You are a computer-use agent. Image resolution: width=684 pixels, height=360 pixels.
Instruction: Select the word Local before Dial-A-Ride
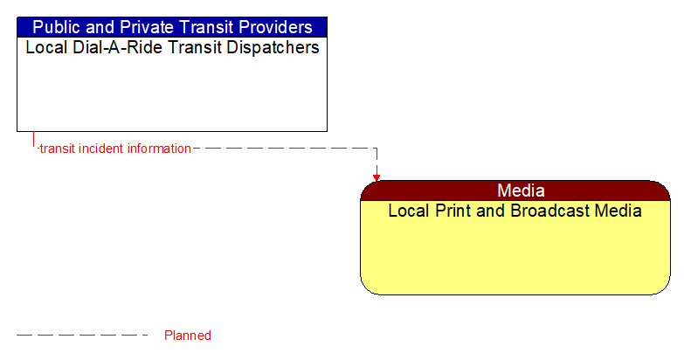(x=44, y=48)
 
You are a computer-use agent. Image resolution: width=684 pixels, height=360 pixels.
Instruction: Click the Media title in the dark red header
(x=521, y=190)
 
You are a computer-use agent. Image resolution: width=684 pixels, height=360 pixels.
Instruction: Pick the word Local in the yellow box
(x=407, y=211)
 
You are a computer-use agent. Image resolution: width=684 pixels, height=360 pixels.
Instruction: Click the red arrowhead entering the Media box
(x=377, y=177)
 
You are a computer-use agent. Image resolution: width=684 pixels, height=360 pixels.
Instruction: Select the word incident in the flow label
(x=100, y=149)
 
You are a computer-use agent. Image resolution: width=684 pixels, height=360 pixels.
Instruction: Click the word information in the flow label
(x=159, y=149)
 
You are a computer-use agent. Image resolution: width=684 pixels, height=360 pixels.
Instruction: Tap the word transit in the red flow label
(x=57, y=149)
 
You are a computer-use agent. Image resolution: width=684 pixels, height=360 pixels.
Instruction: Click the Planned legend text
(x=187, y=336)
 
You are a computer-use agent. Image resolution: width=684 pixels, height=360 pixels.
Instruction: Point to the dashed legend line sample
(x=83, y=336)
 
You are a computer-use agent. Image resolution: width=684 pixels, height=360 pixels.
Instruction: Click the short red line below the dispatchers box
(x=34, y=140)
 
